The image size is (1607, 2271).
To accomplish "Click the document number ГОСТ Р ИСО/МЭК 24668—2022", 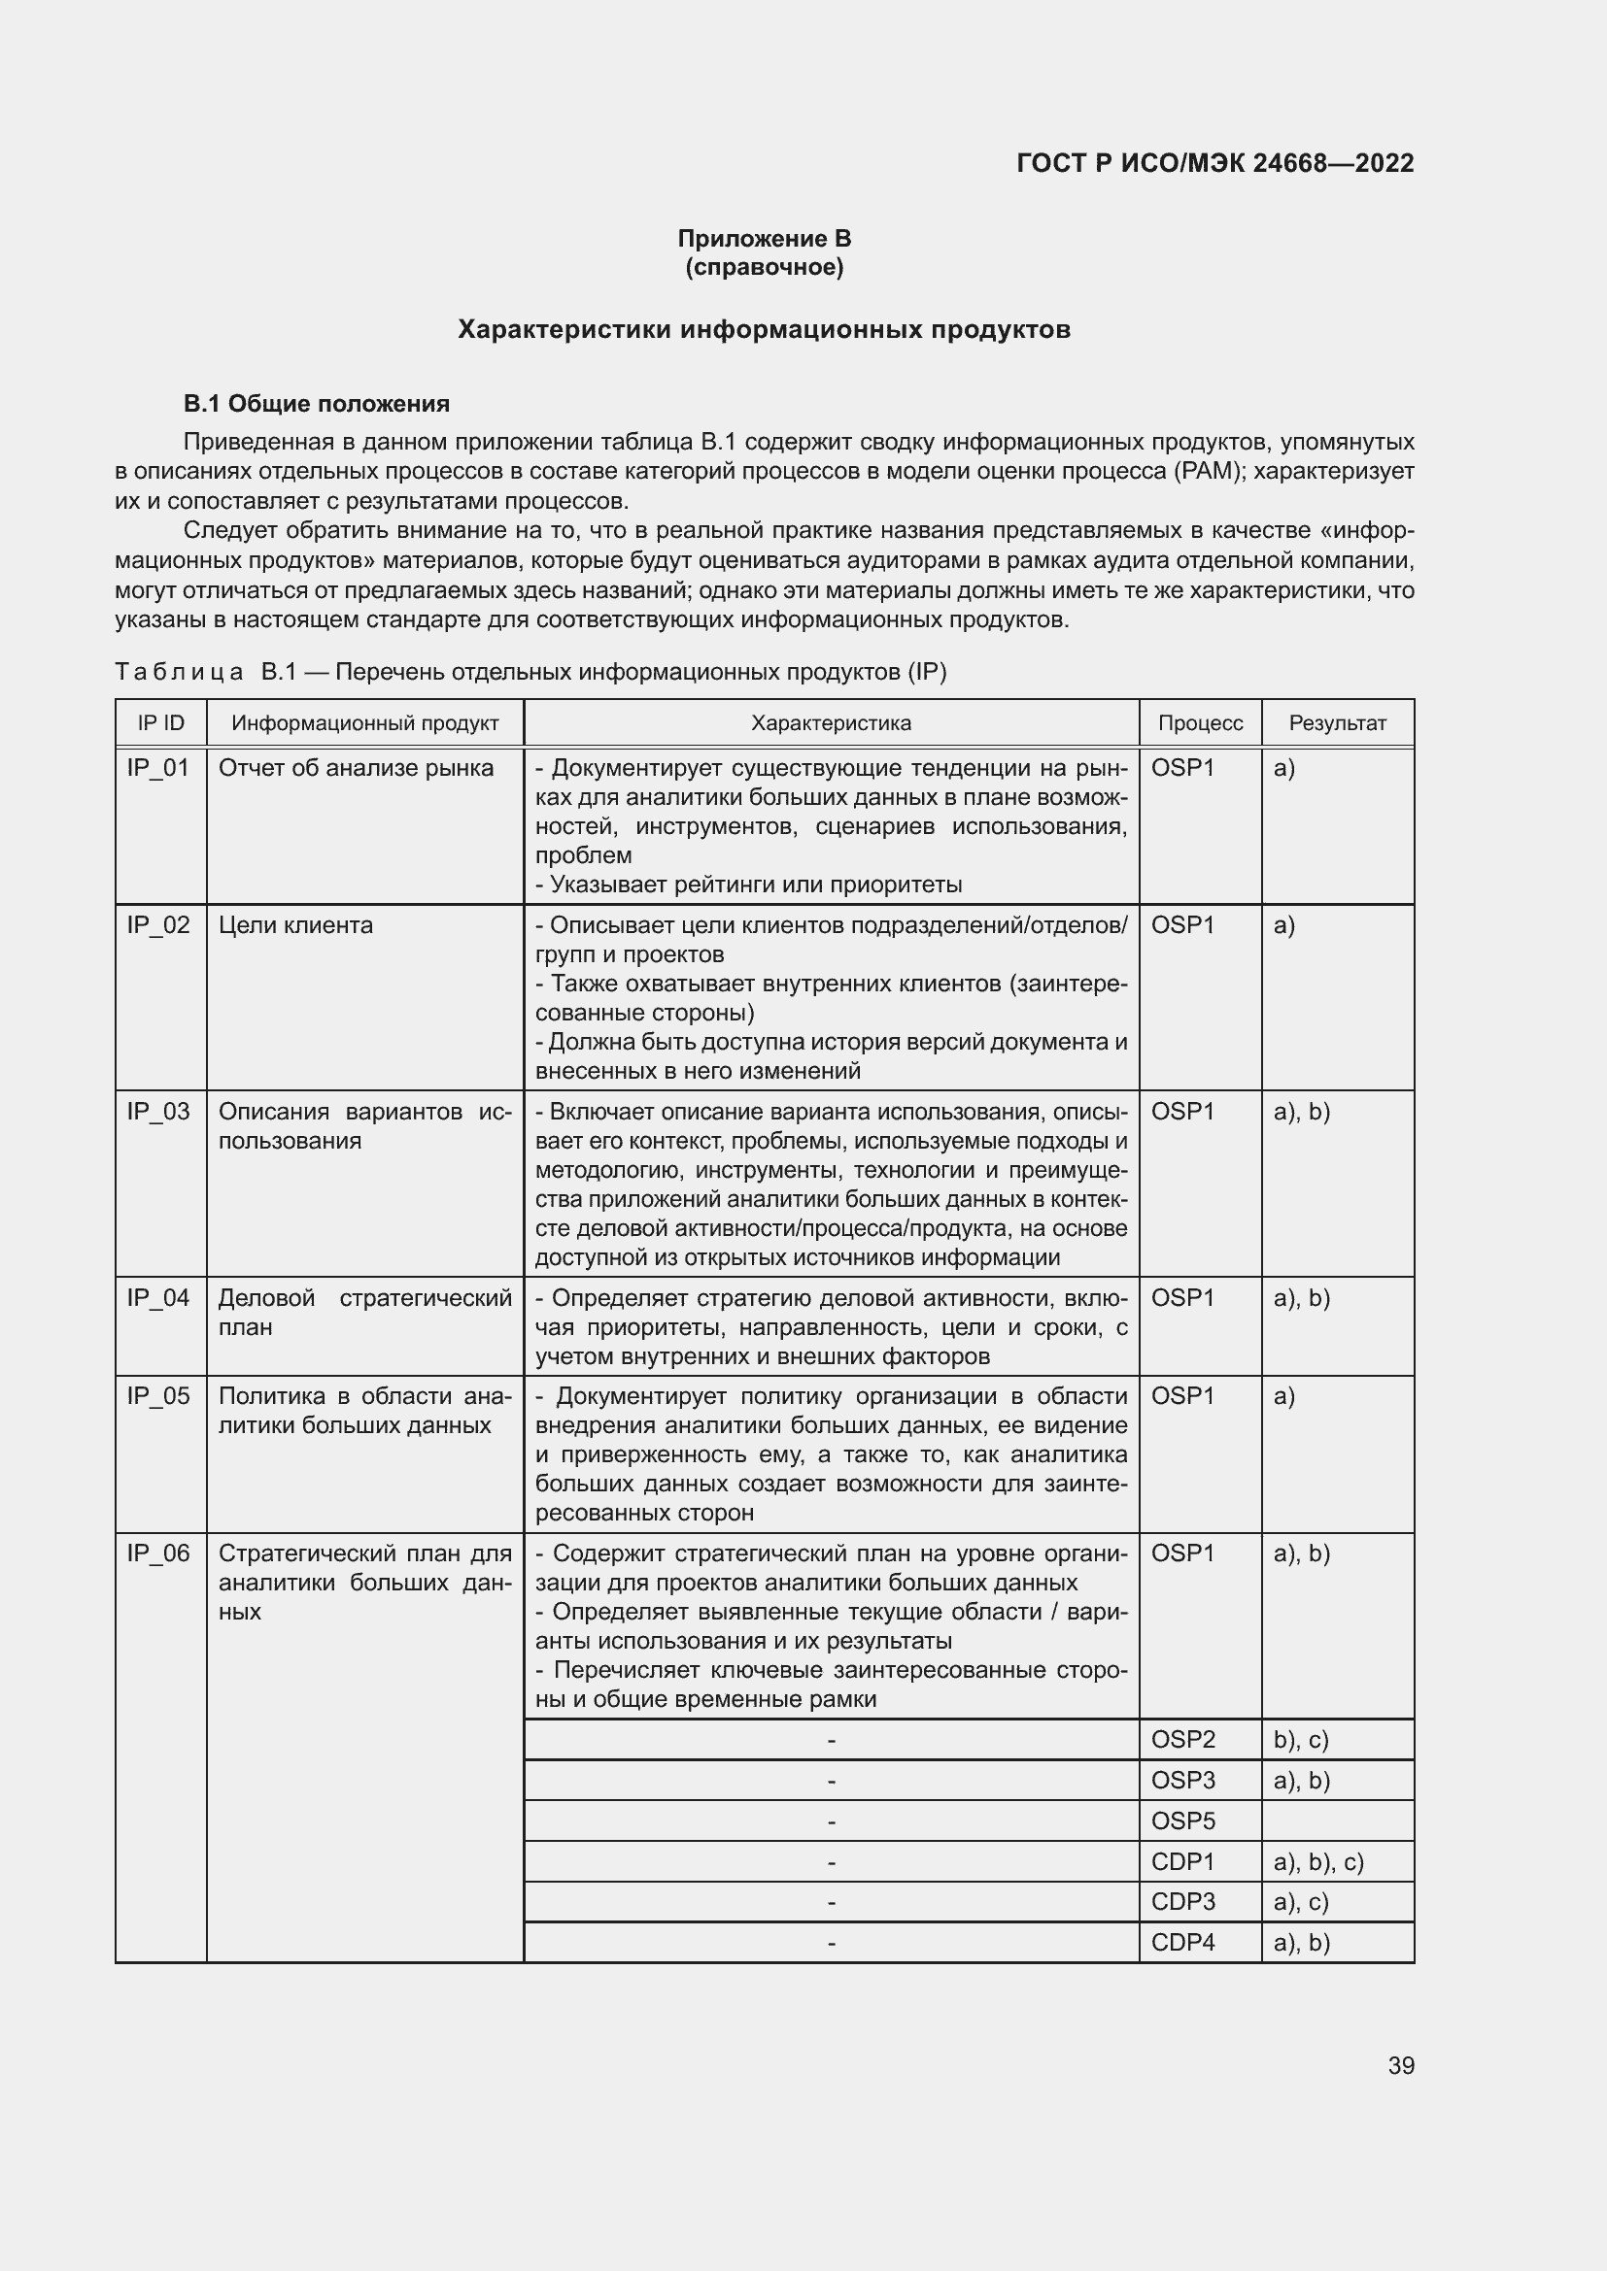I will click(x=1214, y=163).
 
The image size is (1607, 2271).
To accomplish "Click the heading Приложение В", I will click(x=764, y=239).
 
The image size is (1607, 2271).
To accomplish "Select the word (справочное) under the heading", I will click(x=764, y=267).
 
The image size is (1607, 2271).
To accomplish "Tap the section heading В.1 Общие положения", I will click(x=316, y=404).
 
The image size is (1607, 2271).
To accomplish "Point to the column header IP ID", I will click(x=160, y=723).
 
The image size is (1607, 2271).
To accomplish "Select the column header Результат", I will click(x=1337, y=723).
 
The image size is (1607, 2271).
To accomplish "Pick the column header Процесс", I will click(x=1199, y=723).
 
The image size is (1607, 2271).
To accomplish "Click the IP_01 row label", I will click(x=158, y=769).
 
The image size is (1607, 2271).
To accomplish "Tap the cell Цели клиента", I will click(x=295, y=926).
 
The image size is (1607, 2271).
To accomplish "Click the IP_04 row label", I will click(x=158, y=1298).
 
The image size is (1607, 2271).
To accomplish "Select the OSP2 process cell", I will click(x=1182, y=1740).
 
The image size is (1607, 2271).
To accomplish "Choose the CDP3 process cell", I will click(x=1182, y=1902).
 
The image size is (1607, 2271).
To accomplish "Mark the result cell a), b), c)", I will click(x=1318, y=1862).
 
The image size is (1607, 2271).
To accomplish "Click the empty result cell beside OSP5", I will click(x=1337, y=1820).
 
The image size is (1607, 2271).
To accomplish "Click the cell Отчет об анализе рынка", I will click(x=356, y=769).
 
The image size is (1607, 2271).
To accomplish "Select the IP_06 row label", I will click(x=158, y=1553).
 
